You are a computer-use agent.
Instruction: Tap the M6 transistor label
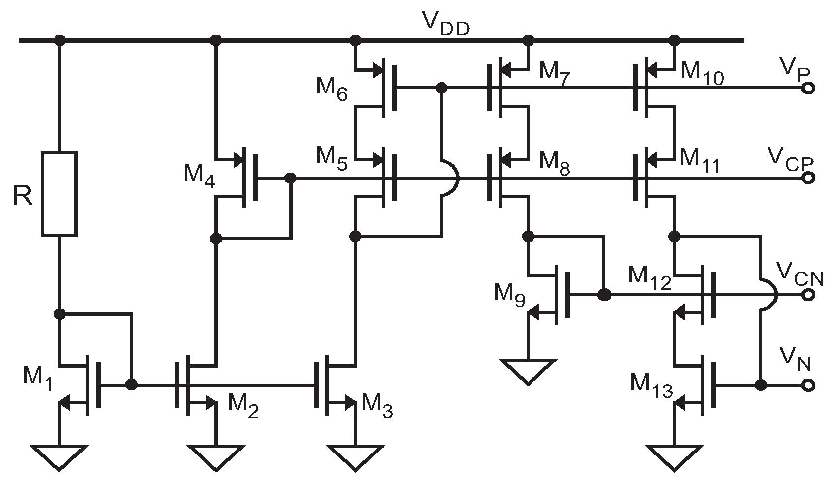331,89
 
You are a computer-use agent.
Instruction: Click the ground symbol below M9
528,371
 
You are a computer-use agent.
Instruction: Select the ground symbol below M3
355,457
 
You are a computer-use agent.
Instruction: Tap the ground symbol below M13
674,457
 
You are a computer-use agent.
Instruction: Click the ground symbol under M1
59,457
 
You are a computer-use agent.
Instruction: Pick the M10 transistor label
702,74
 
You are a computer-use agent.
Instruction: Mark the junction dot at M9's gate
604,295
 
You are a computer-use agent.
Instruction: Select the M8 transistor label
555,163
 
